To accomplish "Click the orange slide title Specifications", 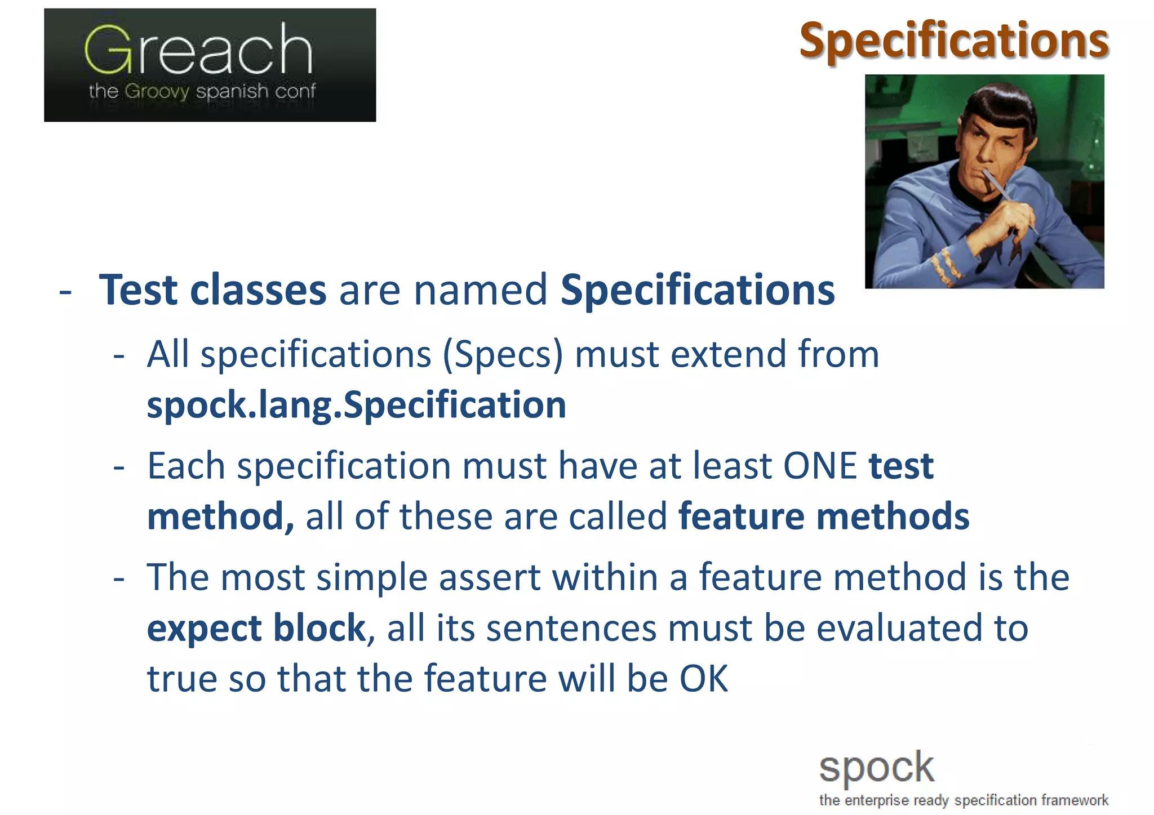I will coord(954,41).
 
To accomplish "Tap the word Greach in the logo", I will coord(198,51).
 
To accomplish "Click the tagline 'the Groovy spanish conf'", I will coord(202,91).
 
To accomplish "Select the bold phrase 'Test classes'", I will coord(212,290).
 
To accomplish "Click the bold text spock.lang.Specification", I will coord(356,405).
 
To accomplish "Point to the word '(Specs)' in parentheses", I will coord(503,355).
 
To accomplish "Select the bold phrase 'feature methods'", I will coord(823,516).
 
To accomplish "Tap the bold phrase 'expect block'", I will coord(256,628).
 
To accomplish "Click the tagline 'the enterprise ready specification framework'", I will coord(964,800).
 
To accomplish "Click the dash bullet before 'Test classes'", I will coord(65,292).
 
